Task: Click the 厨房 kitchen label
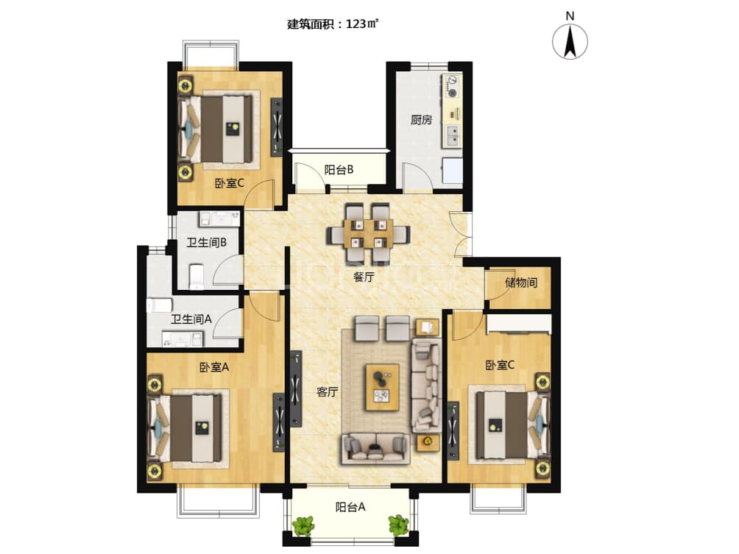pyautogui.click(x=421, y=120)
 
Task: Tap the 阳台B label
pyautogui.click(x=339, y=170)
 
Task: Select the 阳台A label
pyautogui.click(x=350, y=507)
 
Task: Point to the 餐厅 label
pyautogui.click(x=364, y=277)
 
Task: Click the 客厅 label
pyautogui.click(x=328, y=391)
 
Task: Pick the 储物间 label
pyautogui.click(x=521, y=283)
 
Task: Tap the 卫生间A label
pyautogui.click(x=191, y=319)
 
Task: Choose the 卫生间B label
pyautogui.click(x=206, y=243)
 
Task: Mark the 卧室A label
pyautogui.click(x=213, y=366)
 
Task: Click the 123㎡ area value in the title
pyautogui.click(x=362, y=24)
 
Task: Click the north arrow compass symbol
pyautogui.click(x=570, y=41)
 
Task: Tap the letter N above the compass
pyautogui.click(x=570, y=16)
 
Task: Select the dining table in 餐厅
pyautogui.click(x=369, y=234)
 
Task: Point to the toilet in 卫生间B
pyautogui.click(x=196, y=277)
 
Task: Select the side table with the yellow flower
pyautogui.click(x=428, y=442)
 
